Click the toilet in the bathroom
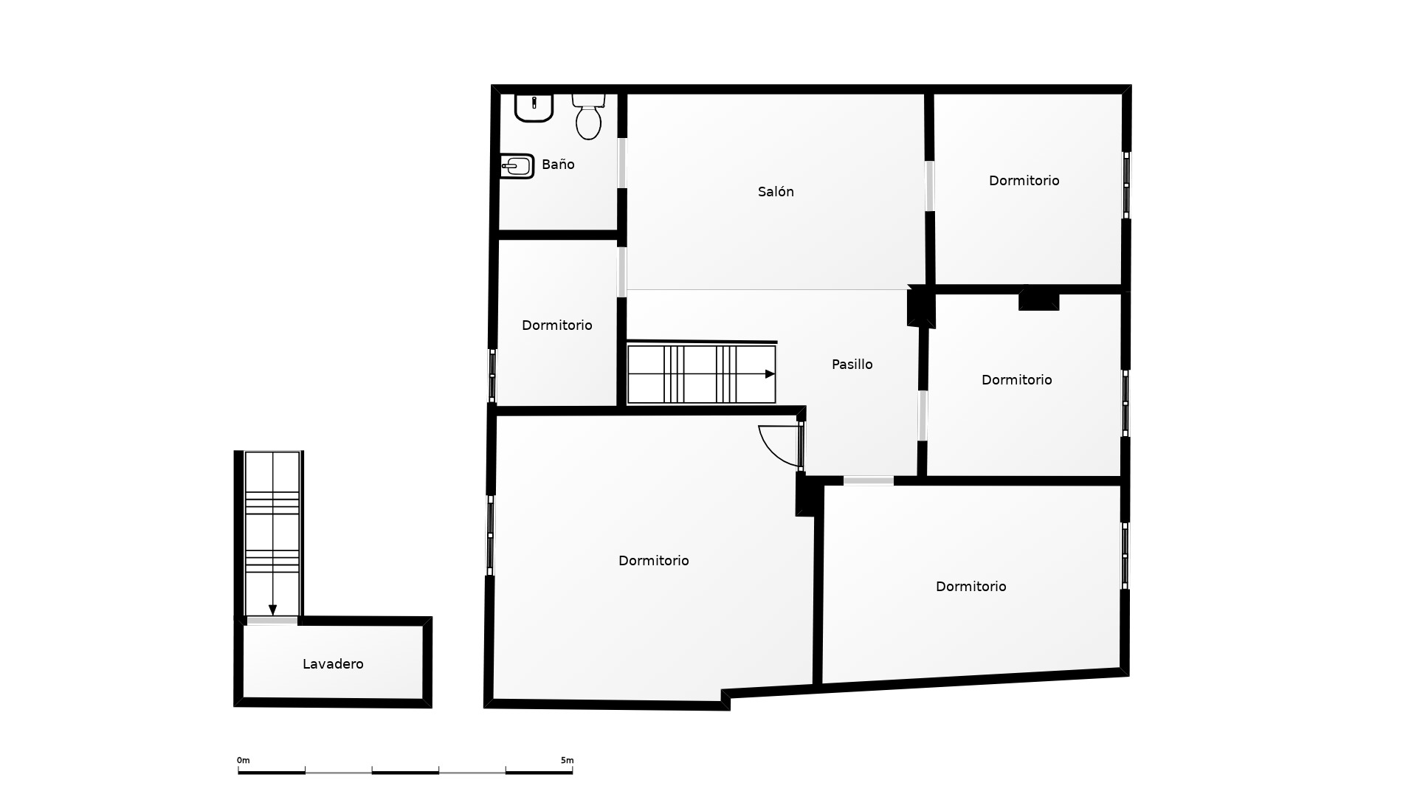tap(589, 117)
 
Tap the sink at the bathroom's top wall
tap(534, 108)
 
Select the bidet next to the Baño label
tap(517, 166)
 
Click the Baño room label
tap(558, 165)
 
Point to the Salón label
tap(776, 192)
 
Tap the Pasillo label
tap(852, 365)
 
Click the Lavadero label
tap(333, 664)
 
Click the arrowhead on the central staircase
tap(770, 374)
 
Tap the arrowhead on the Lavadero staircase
tap(272, 610)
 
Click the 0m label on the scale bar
tap(244, 760)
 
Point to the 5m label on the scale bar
tap(567, 760)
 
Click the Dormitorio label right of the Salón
tap(1024, 181)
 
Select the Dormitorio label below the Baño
tap(556, 325)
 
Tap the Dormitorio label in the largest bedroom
tap(653, 561)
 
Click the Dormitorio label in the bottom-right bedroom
tap(970, 587)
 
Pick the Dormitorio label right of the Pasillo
tap(1016, 380)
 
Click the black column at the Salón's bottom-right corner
tap(921, 306)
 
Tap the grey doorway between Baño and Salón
tap(622, 163)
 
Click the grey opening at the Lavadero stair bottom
tap(272, 621)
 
